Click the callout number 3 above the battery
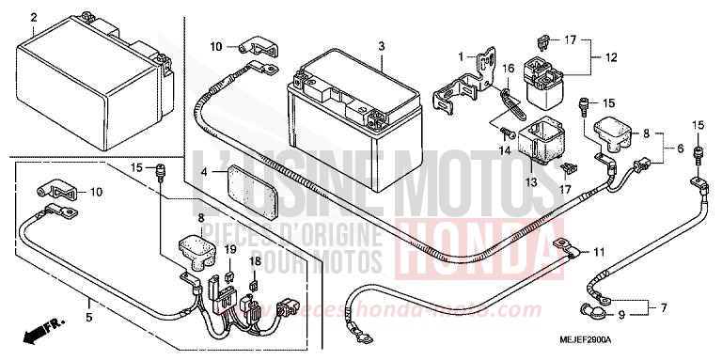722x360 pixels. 382,47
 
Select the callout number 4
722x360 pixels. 204,173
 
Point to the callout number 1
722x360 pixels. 461,56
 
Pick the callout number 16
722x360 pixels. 508,68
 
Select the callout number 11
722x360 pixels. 600,253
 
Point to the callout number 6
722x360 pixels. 667,149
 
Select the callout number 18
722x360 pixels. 253,260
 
